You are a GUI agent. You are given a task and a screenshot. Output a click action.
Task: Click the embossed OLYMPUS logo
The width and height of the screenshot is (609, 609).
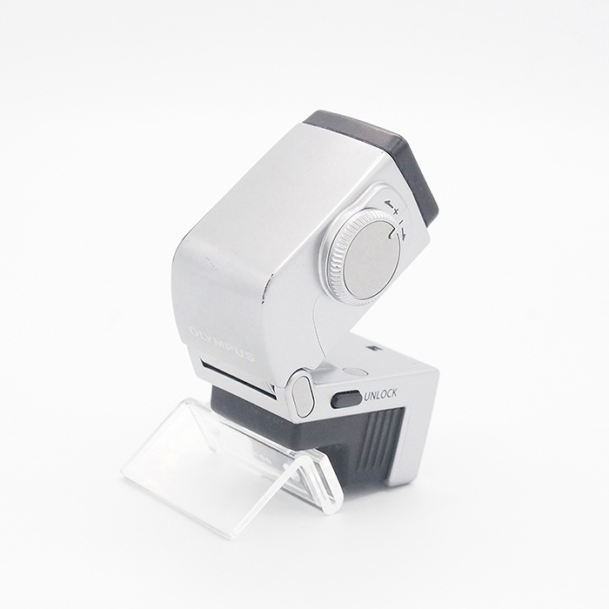pyautogui.click(x=222, y=344)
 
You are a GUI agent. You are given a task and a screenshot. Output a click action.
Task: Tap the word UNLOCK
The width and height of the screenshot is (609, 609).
pyautogui.click(x=381, y=395)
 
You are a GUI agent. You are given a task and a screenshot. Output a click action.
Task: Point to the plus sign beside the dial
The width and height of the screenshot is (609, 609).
pyautogui.click(x=396, y=211)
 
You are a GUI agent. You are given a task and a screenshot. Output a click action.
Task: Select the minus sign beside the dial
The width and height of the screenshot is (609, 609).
pyautogui.click(x=401, y=223)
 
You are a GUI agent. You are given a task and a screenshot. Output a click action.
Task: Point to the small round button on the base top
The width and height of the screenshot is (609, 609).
pyautogui.click(x=356, y=371)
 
